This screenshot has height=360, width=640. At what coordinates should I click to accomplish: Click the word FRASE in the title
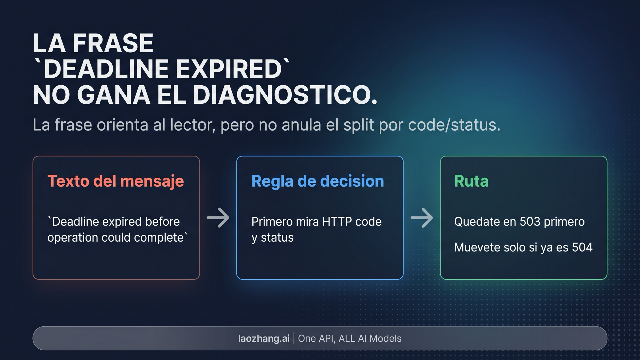113,43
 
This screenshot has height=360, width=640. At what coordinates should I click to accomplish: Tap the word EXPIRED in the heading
229,69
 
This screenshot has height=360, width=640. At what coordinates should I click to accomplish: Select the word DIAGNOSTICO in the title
284,95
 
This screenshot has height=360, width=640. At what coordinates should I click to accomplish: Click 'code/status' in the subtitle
454,125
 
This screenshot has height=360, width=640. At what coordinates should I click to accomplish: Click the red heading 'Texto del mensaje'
115,181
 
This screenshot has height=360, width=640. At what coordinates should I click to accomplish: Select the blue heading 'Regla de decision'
317,181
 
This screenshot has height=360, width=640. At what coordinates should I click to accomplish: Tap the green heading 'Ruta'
471,181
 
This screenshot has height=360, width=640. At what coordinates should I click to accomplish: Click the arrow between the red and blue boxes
218,218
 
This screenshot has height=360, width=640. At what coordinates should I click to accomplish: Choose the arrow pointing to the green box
422,218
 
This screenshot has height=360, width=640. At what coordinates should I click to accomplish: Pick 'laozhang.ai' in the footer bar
264,338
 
